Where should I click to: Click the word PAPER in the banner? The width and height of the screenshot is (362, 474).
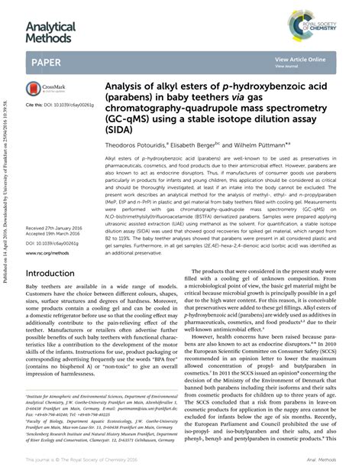(47, 60)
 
